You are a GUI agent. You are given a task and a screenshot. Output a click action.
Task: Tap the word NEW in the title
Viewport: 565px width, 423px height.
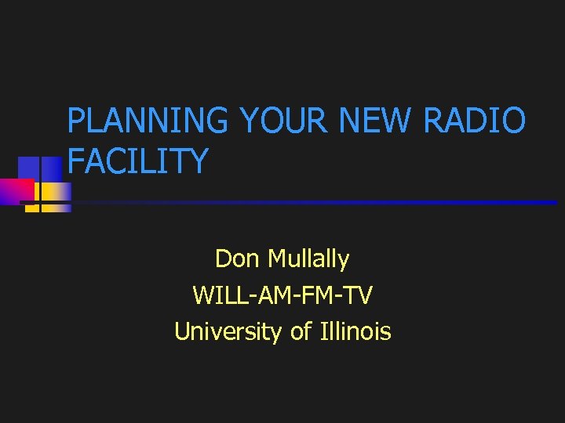pos(377,122)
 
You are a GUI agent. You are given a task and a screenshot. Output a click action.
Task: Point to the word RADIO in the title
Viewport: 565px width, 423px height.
pos(474,122)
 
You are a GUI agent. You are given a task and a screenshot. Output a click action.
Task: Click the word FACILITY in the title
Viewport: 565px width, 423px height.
pos(138,161)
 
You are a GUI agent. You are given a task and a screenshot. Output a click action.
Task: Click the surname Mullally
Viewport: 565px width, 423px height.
pos(308,258)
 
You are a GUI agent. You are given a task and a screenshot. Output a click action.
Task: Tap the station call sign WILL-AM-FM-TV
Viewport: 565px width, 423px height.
pos(282,295)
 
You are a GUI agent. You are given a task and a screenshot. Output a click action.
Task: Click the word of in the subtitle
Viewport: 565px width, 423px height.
pos(301,332)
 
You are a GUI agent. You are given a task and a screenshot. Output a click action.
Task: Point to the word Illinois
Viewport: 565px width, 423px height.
pos(355,332)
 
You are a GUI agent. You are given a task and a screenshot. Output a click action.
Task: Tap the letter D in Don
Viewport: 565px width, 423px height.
pos(222,258)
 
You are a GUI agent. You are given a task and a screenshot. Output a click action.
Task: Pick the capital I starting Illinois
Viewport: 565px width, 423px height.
pos(323,332)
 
